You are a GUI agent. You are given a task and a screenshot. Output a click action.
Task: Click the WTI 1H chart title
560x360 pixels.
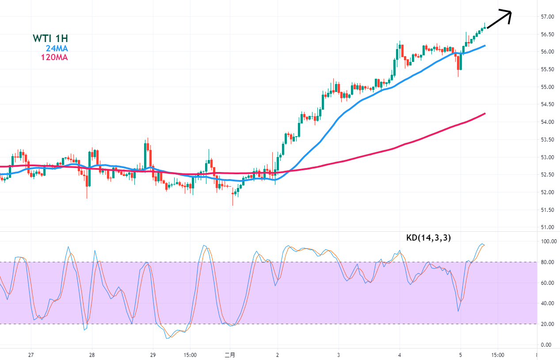tap(50, 38)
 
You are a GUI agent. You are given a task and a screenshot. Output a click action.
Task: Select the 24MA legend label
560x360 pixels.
tap(57, 48)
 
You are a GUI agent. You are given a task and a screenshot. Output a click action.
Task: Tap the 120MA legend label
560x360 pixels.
tap(54, 57)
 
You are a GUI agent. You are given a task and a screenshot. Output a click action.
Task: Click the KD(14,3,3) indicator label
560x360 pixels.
tap(428, 238)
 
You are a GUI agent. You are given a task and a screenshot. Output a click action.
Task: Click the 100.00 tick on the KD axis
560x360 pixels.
tap(549, 241)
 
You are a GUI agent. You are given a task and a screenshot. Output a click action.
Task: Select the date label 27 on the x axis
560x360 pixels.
tap(31, 355)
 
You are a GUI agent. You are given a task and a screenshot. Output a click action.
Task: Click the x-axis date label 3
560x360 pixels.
tap(338, 355)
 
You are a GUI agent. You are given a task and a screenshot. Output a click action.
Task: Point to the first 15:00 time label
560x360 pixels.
tap(190, 355)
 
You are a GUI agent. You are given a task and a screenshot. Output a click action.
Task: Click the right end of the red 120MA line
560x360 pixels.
tap(485, 114)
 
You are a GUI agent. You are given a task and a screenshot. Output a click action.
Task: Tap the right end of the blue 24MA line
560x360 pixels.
tap(485, 46)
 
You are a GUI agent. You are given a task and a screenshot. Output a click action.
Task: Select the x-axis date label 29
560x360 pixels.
tap(153, 355)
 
